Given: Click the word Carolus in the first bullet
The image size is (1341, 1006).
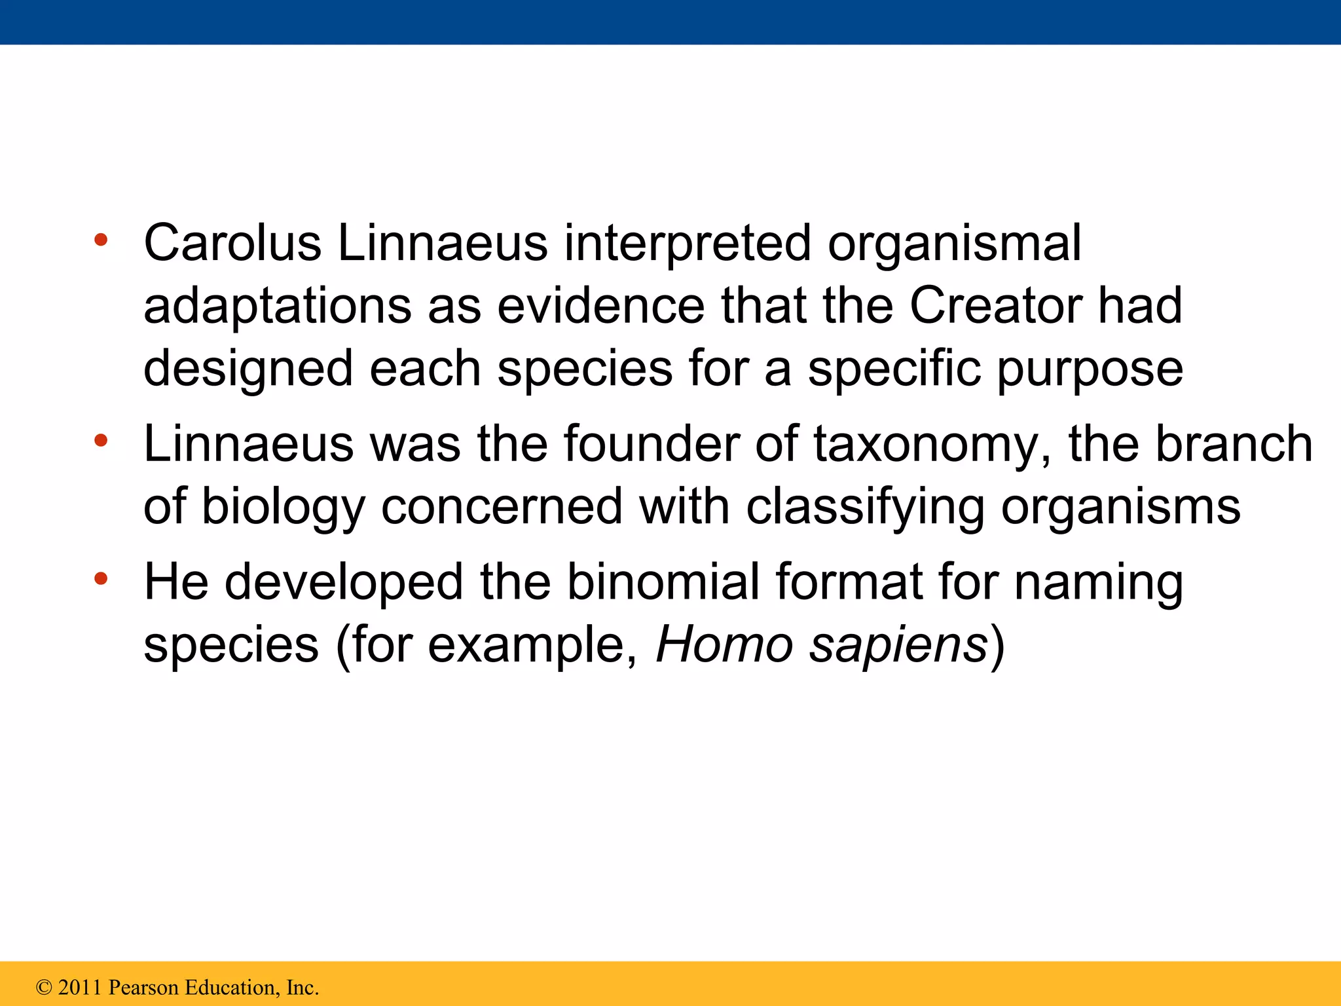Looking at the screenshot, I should (232, 243).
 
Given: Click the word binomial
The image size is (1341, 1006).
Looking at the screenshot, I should (663, 582).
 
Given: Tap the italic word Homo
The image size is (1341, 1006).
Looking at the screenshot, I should (724, 645).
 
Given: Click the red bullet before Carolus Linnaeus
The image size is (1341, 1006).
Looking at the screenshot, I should (100, 240).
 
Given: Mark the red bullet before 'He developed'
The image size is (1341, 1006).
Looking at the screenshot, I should (100, 578).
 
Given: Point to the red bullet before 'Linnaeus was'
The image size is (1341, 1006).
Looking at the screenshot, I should (100, 440).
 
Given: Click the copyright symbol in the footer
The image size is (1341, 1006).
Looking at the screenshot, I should (44, 988).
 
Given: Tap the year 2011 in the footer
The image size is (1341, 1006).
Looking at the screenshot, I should (80, 988).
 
